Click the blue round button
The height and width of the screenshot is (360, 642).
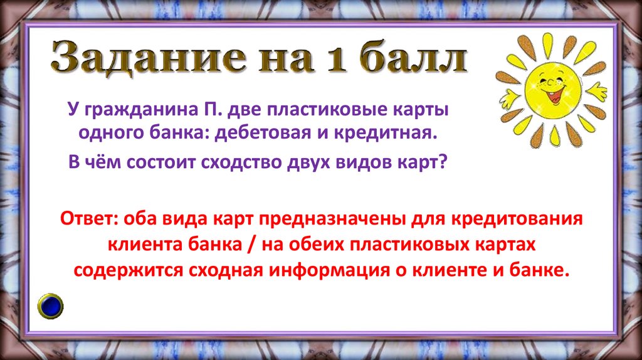click(51, 305)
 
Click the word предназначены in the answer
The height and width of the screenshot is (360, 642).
click(333, 220)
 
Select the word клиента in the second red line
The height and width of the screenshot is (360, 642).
click(144, 245)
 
